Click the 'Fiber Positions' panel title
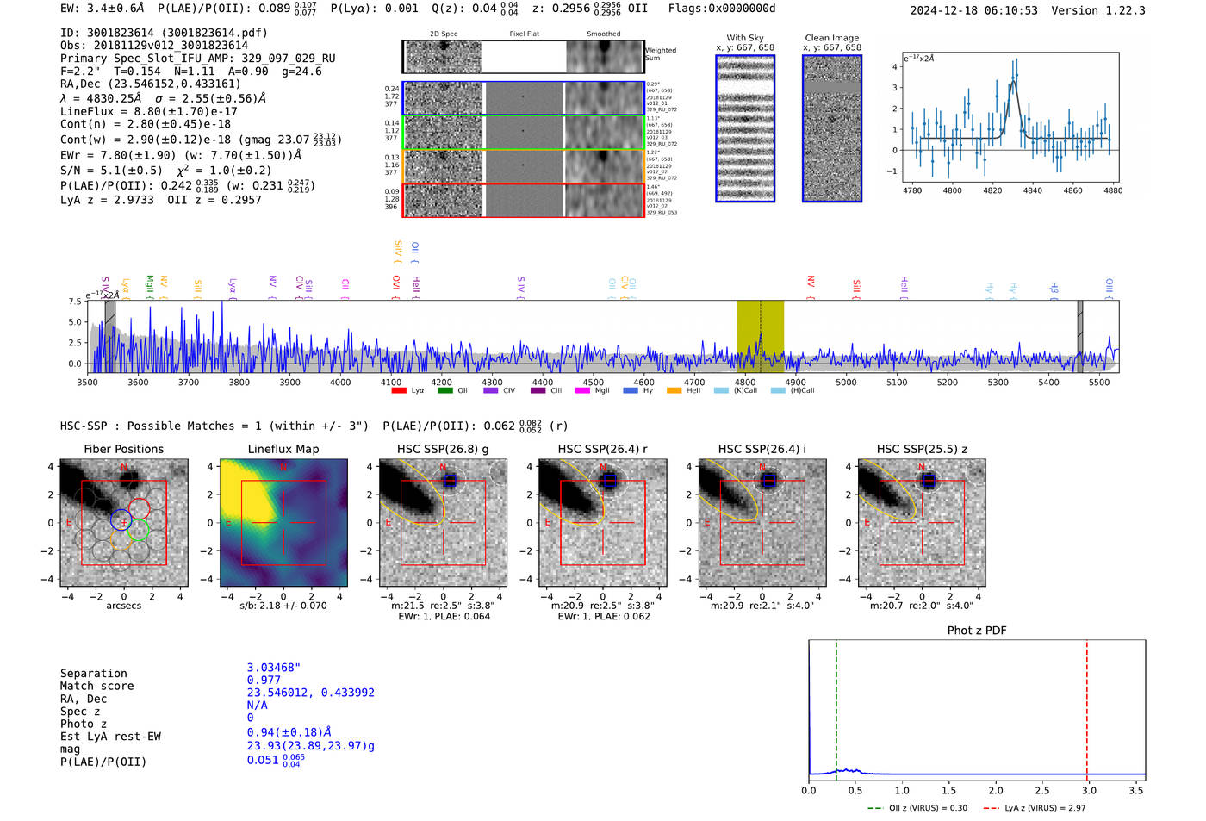click(123, 449)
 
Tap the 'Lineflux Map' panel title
click(283, 449)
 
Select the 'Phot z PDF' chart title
click(976, 630)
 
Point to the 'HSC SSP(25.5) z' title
click(921, 449)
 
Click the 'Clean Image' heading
click(831, 38)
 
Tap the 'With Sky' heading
click(744, 38)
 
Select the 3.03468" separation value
click(273, 668)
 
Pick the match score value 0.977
click(264, 680)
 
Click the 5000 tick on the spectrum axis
click(846, 382)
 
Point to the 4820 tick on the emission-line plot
click(992, 190)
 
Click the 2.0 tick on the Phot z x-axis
click(995, 790)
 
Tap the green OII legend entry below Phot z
click(917, 808)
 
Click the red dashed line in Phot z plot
click(1086, 706)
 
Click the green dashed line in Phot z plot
click(836, 706)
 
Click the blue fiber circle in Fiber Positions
click(121, 519)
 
